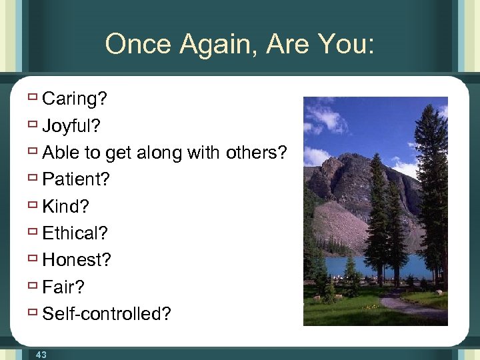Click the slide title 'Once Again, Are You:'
point(240,44)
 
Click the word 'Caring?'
point(74,99)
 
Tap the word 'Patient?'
point(75,179)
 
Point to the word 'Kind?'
point(65,206)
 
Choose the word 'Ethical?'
point(75,233)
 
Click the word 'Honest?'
point(76,260)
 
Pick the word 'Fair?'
point(64,287)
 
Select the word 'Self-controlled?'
point(107,313)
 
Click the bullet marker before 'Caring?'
point(32,99)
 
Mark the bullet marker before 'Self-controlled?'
point(32,313)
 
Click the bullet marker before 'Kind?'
point(32,205)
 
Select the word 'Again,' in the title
point(223,44)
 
